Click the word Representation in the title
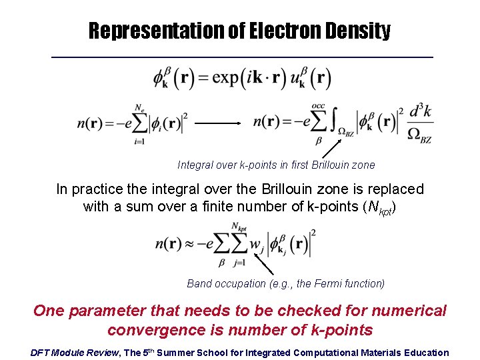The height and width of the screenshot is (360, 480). (157, 31)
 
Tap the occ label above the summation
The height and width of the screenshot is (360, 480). (318, 105)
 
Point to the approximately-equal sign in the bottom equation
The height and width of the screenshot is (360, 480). (193, 245)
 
